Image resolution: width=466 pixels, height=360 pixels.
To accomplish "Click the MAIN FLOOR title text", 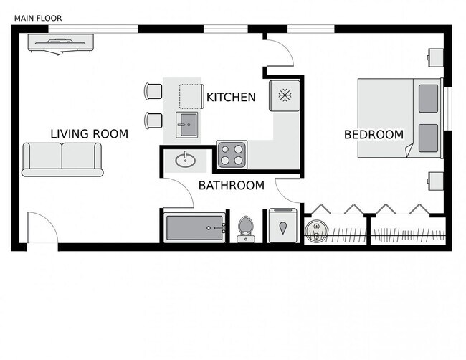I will point(38,17).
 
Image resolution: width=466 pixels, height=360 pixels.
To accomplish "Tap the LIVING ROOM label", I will point(89,133).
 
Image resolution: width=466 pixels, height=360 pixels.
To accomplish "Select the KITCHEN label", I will point(231,97).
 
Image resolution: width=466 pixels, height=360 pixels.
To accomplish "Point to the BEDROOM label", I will point(374,134).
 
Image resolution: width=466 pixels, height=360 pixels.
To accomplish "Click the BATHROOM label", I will point(232,186).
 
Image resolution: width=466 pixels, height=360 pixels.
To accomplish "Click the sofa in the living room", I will point(62,158).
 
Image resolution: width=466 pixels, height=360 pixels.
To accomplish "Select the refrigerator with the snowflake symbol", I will point(285,95).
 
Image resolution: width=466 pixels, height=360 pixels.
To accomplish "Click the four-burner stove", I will point(232,154).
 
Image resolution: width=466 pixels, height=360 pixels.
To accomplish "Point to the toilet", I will point(245,228).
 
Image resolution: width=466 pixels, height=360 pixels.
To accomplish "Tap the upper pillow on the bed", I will point(428,98).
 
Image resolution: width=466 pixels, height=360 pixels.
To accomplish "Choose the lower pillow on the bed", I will point(428,137).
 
